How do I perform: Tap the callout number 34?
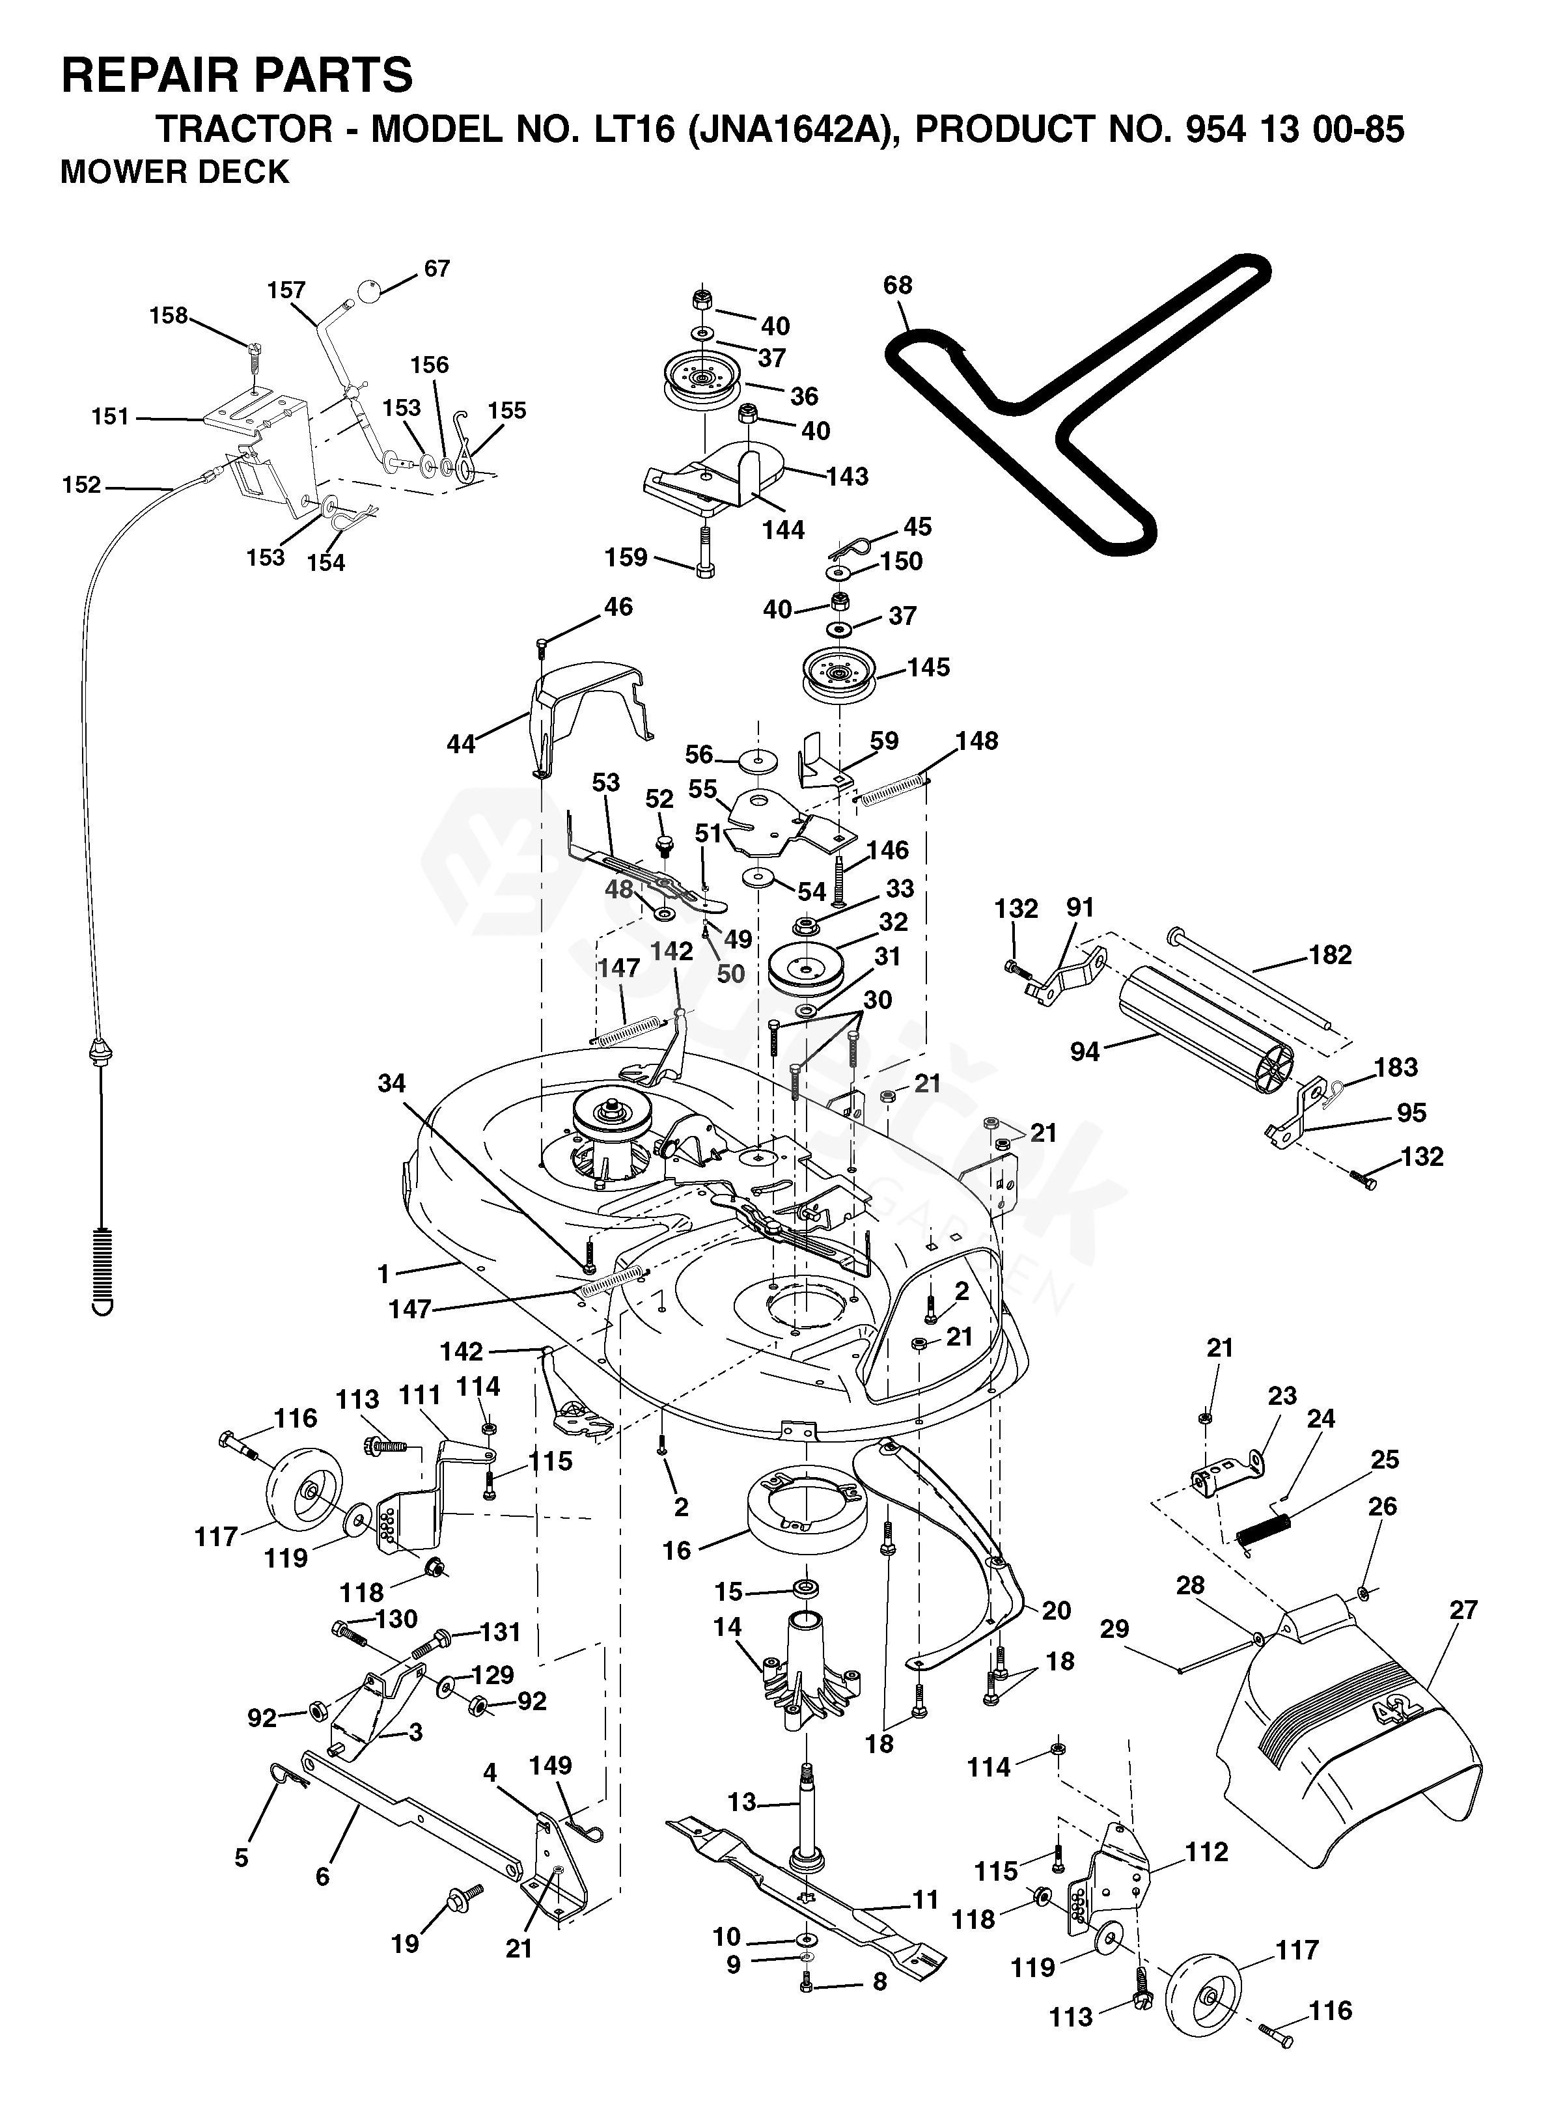point(391,1083)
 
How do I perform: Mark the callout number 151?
point(111,417)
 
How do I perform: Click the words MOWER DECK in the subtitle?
point(176,173)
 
